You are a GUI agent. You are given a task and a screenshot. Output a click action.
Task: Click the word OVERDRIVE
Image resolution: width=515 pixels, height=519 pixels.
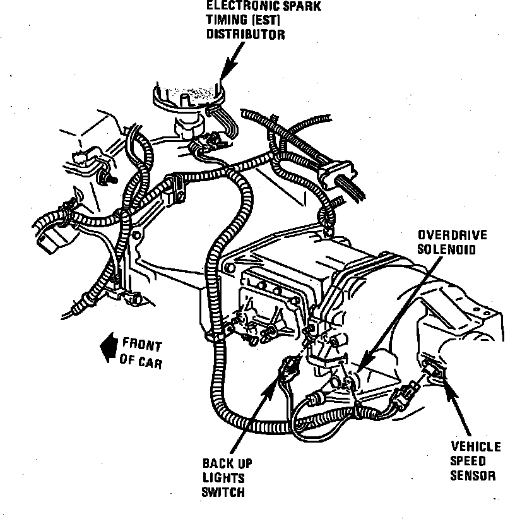453,235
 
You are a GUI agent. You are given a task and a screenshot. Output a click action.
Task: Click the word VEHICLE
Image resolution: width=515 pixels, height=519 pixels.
475,447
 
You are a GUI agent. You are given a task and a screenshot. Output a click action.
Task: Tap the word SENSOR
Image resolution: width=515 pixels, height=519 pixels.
473,475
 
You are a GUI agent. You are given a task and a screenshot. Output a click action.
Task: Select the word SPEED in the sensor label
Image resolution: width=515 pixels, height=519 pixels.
468,462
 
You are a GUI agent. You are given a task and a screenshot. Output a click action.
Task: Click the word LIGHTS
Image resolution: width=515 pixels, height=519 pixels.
223,479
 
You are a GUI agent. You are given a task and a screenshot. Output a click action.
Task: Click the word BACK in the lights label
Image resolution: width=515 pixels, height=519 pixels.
216,464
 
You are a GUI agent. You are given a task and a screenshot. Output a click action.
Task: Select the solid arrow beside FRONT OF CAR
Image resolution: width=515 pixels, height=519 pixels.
109,349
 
